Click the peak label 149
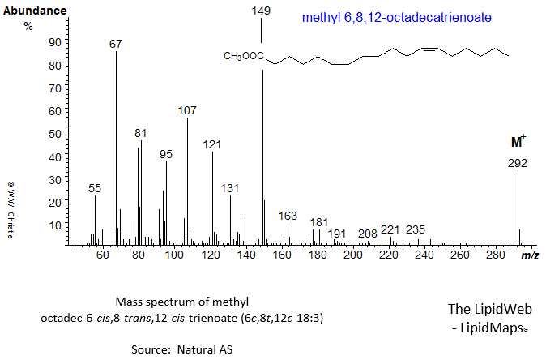coord(262,11)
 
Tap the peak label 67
coord(116,43)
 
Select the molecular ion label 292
coord(518,162)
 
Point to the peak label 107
coord(187,109)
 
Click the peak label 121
coord(212,144)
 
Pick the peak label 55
coord(95,188)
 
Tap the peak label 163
coord(288,216)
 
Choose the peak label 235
coord(416,229)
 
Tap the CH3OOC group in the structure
coord(244,56)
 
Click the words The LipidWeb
coord(488,309)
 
